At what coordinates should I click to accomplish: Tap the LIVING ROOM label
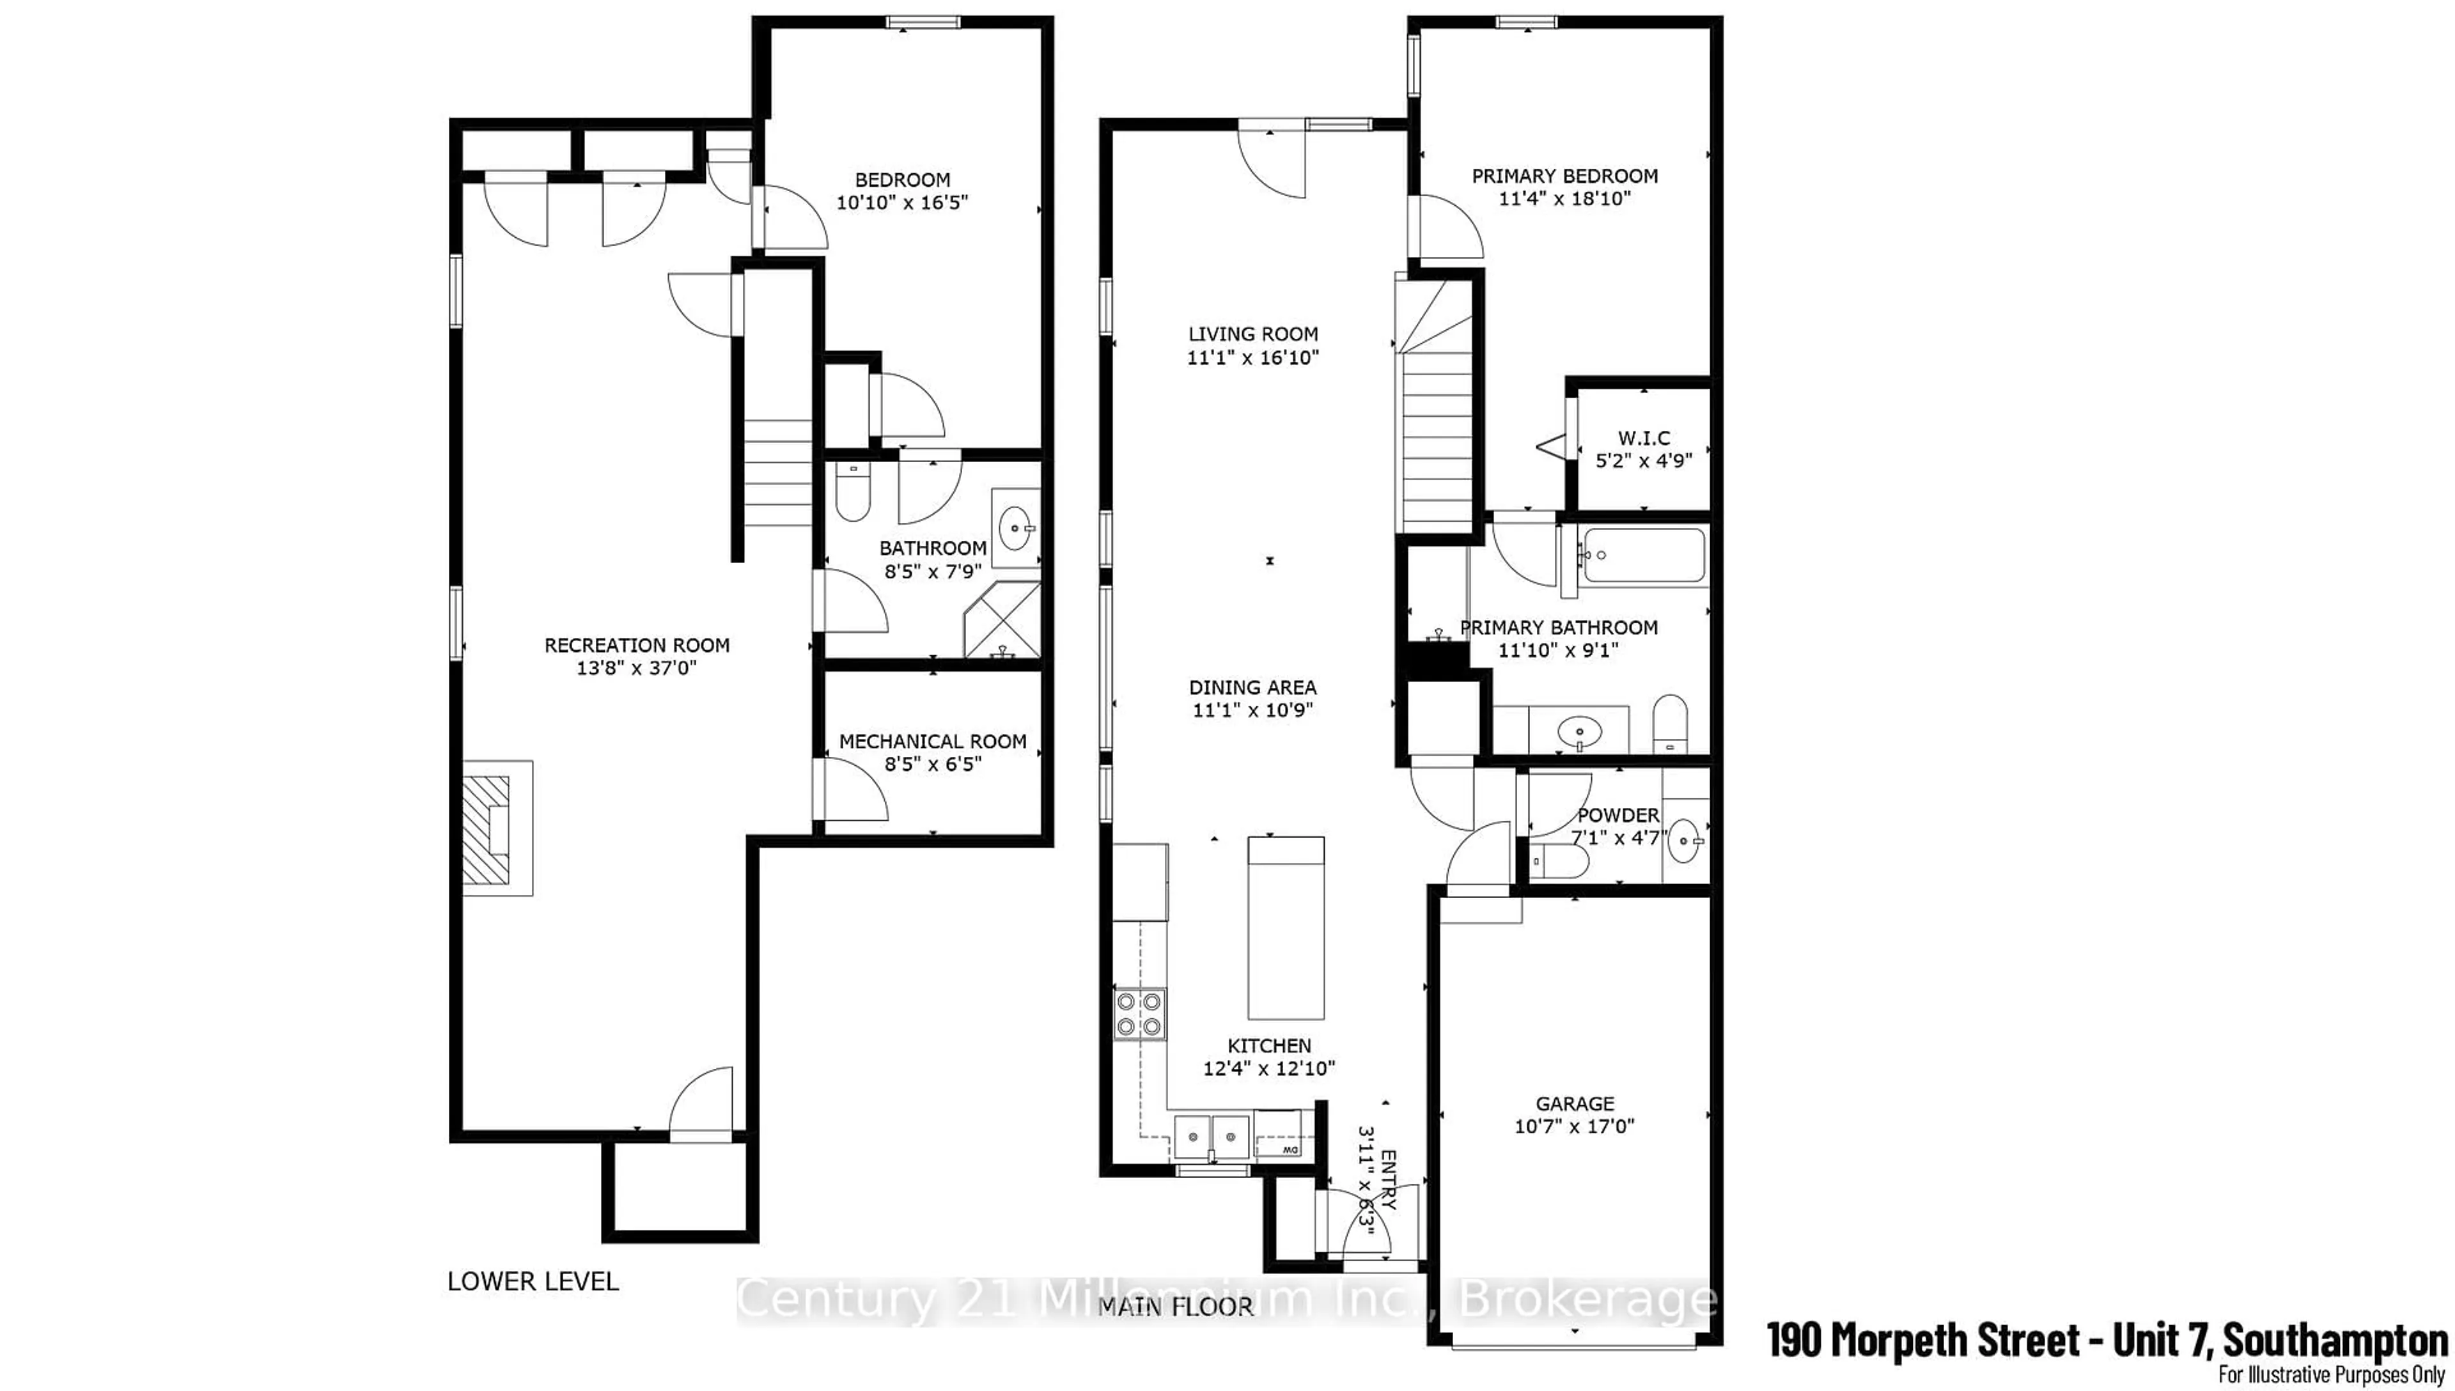point(1252,334)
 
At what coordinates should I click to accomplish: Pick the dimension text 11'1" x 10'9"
point(1252,710)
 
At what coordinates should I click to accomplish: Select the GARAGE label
point(1574,1103)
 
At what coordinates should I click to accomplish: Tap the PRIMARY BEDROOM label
point(1564,176)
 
